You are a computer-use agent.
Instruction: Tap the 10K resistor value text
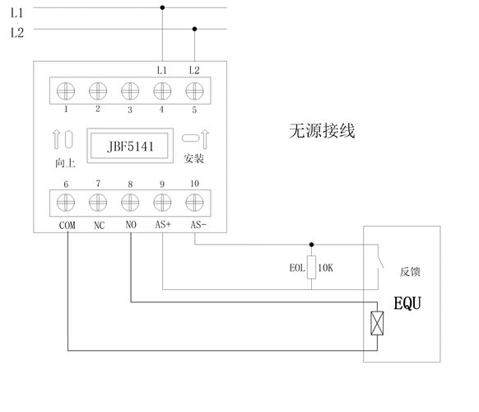326,267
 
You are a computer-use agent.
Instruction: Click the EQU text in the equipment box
407,303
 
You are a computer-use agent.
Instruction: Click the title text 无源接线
322,130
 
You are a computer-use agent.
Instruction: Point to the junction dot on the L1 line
162,7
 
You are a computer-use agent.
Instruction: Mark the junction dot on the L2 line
194,28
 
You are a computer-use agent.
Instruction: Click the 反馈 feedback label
411,271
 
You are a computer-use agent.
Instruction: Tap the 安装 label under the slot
193,159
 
